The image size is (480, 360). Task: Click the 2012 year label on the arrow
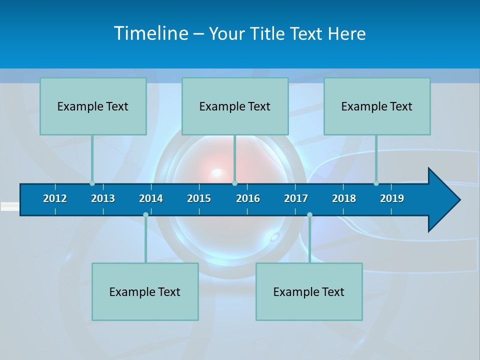[55, 198]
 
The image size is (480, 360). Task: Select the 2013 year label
[103, 198]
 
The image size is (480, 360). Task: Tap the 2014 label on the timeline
[151, 198]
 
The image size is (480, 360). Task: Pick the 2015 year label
[199, 198]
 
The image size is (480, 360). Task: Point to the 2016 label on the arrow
[248, 198]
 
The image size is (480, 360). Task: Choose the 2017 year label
[296, 198]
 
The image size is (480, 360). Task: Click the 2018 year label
[344, 198]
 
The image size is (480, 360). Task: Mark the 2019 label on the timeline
[392, 198]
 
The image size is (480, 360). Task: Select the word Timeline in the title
[150, 33]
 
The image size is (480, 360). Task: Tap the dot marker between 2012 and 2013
[92, 183]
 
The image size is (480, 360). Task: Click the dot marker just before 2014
[145, 214]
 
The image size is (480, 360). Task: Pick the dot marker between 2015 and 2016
[234, 183]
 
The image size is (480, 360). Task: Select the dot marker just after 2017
[309, 214]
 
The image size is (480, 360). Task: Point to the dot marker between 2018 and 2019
[376, 183]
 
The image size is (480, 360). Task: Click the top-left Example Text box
[93, 106]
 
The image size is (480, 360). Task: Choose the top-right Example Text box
[377, 106]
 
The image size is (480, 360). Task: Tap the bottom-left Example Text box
[145, 291]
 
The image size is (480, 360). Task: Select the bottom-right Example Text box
[309, 291]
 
